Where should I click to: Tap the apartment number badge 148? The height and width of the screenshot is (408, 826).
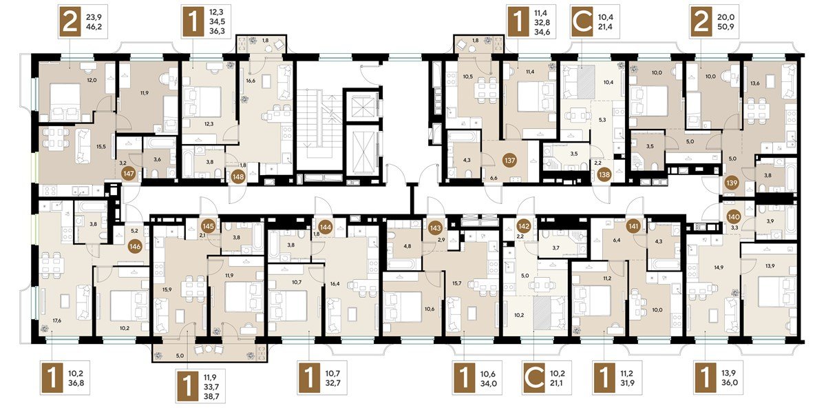pyautogui.click(x=239, y=177)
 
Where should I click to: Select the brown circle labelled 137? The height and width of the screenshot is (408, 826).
pyautogui.click(x=510, y=161)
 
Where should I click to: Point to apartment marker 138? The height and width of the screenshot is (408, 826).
pyautogui.click(x=604, y=174)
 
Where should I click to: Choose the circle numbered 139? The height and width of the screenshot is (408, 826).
pyautogui.click(x=732, y=183)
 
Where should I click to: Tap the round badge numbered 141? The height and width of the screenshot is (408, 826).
pyautogui.click(x=633, y=226)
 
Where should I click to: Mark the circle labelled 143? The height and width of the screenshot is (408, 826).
pyautogui.click(x=435, y=228)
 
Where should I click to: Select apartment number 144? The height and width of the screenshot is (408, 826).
pyautogui.click(x=325, y=227)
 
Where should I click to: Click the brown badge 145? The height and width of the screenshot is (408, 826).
pyautogui.click(x=209, y=226)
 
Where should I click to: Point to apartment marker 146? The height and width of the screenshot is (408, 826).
pyautogui.click(x=136, y=246)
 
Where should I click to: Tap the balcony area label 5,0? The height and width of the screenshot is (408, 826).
pyautogui.click(x=180, y=356)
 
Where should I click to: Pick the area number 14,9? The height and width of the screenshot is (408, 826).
pyautogui.click(x=708, y=267)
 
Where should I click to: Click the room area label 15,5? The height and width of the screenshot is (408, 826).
pyautogui.click(x=101, y=146)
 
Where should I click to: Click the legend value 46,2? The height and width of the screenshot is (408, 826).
pyautogui.click(x=94, y=27)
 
